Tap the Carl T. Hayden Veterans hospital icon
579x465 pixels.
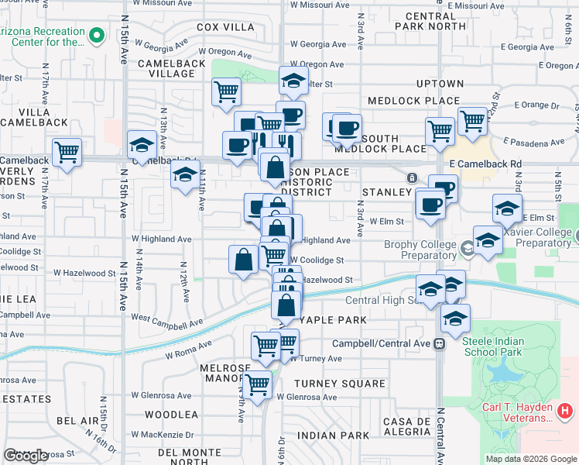click(x=566, y=409)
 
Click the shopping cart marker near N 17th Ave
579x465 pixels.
click(x=67, y=152)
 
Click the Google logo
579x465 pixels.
click(x=26, y=456)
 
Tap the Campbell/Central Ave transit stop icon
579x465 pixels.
click(x=439, y=343)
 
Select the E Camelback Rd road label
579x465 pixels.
click(x=485, y=164)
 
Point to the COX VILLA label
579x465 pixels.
click(x=219, y=27)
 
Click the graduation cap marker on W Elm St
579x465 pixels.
click(x=508, y=207)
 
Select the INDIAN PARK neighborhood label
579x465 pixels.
click(x=334, y=436)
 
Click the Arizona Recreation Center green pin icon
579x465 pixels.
click(x=96, y=35)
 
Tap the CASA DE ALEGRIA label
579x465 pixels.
click(x=406, y=427)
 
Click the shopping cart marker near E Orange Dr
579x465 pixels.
click(x=472, y=120)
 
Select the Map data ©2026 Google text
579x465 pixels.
click(x=530, y=459)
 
